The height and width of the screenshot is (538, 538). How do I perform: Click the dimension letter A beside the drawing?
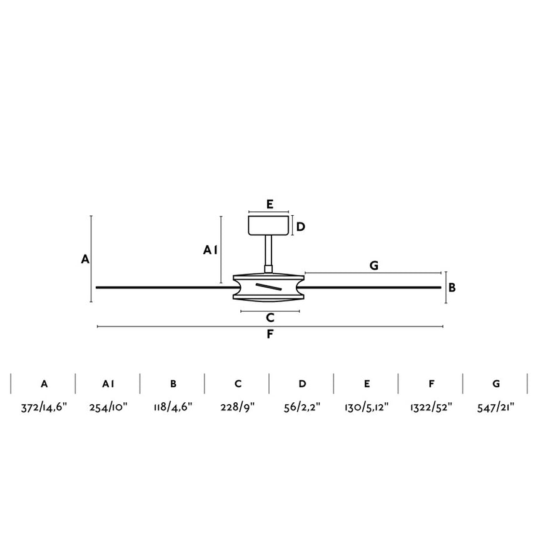84,258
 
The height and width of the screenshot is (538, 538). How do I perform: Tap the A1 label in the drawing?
210,250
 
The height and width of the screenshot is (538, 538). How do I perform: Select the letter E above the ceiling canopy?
269,204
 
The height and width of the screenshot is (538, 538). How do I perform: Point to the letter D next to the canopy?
301,226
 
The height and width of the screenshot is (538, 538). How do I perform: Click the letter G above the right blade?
373,265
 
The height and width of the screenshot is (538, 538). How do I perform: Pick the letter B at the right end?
452,288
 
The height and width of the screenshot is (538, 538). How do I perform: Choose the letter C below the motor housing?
270,318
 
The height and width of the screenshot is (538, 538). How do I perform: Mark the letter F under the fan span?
270,334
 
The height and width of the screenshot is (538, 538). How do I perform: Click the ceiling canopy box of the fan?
269,225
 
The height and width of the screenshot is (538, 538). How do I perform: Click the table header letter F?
431,383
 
